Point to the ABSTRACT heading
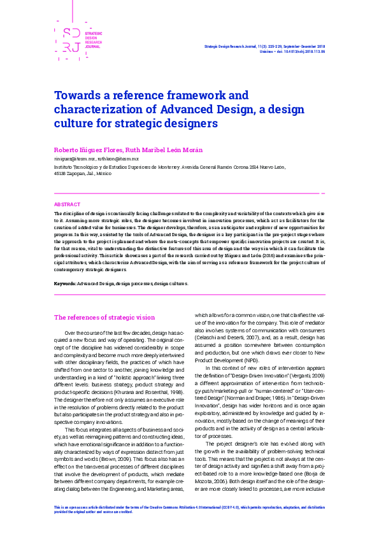point(67,204)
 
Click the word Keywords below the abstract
point(65,282)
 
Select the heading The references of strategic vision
point(104,317)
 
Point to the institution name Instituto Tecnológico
point(83,166)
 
